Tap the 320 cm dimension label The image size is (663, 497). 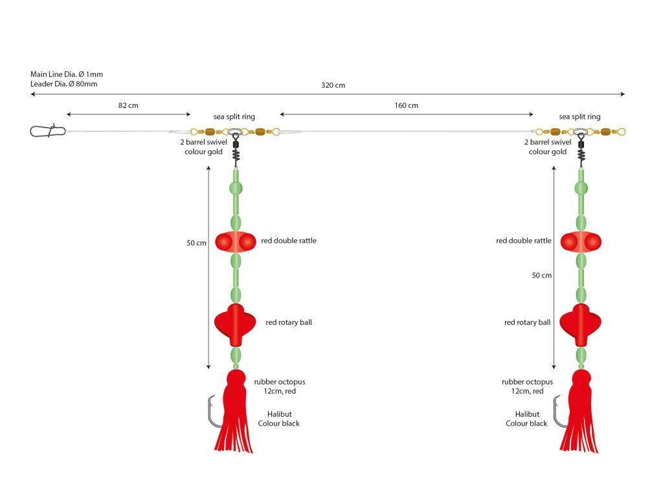(333, 85)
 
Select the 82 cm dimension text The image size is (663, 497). (128, 105)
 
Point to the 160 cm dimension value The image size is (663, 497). (407, 105)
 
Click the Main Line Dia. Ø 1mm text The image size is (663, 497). (67, 74)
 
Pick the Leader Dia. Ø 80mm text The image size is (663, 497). (66, 84)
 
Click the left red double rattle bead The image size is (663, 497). (236, 241)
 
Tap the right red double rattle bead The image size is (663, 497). (581, 241)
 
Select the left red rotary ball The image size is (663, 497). (236, 322)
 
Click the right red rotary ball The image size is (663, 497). (581, 322)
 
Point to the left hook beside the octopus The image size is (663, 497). (213, 414)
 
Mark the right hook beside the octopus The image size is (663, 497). (557, 414)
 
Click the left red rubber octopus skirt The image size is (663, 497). (234, 414)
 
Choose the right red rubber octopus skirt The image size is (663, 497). (579, 414)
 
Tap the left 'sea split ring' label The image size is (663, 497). (234, 117)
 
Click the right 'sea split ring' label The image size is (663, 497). (579, 117)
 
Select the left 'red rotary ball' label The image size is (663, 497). (289, 322)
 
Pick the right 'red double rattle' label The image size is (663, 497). (524, 241)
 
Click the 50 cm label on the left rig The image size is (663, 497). (196, 243)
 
